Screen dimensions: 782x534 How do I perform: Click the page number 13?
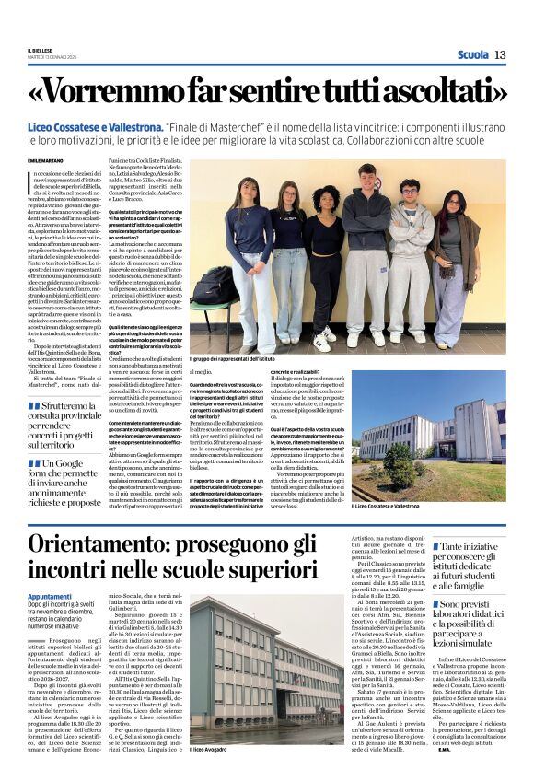click(500, 54)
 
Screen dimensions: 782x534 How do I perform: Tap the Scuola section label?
click(473, 54)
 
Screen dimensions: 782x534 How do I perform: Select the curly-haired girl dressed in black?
click(328, 258)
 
